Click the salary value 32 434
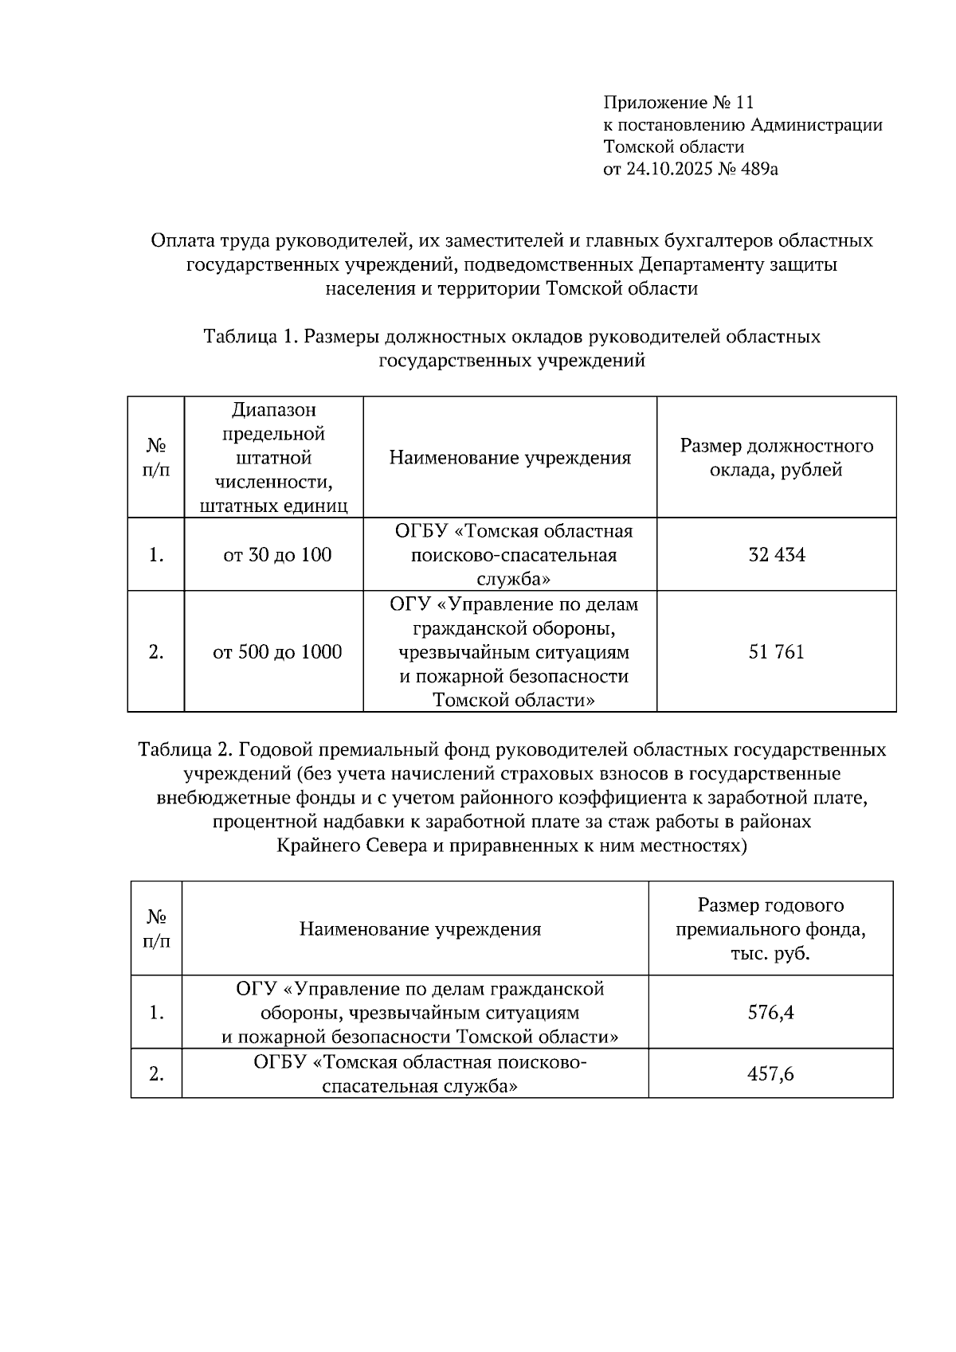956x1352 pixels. (776, 555)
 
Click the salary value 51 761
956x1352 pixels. (776, 652)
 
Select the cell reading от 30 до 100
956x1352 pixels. (276, 555)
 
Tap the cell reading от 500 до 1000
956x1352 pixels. (276, 652)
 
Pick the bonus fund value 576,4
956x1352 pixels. (770, 1013)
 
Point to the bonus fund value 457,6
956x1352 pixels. (770, 1074)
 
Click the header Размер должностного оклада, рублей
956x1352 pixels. (776, 458)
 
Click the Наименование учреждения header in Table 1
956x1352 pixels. (510, 458)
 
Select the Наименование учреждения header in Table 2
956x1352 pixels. (420, 929)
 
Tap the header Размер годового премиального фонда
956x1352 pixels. (770, 929)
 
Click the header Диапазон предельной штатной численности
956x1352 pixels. (273, 458)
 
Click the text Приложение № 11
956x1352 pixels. (678, 103)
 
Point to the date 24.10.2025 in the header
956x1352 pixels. (667, 169)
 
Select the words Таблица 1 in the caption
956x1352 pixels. (251, 337)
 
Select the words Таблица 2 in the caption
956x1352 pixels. (185, 750)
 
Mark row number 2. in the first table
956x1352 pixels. (155, 652)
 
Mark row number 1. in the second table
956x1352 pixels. (156, 1013)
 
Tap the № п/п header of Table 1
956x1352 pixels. (155, 458)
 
